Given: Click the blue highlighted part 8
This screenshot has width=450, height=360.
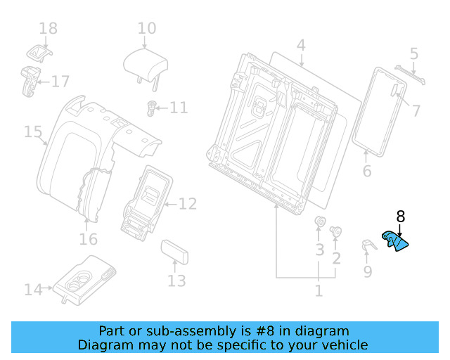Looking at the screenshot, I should click(395, 242).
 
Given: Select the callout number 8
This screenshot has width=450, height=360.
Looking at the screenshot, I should click(400, 217).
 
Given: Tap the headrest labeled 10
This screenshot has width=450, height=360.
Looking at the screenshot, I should click(146, 65).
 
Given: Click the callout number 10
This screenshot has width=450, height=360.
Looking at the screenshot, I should click(146, 29).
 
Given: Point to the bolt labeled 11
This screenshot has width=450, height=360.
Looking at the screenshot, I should click(150, 108).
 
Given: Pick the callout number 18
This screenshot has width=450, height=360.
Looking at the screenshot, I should click(48, 29).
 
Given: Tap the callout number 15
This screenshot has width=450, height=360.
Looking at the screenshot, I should click(33, 131).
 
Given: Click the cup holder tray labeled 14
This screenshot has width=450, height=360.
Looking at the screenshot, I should click(86, 279).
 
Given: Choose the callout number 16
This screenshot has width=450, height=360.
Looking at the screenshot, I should click(88, 240).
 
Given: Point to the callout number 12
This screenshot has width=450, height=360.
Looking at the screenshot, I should click(187, 205).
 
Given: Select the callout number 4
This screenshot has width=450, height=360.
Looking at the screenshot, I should click(300, 46).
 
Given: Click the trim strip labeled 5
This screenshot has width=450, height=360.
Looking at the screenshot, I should click(409, 75).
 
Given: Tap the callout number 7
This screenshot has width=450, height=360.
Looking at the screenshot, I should click(416, 110).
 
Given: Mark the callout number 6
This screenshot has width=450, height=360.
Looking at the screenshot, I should click(366, 172).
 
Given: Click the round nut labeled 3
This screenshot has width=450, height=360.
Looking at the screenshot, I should click(319, 225).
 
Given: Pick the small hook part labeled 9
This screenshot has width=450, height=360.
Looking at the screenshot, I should click(367, 246).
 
